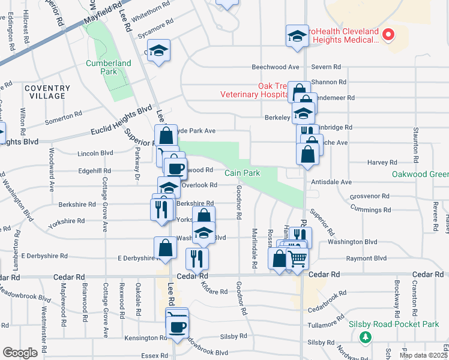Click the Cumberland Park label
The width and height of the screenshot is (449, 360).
click(108, 67)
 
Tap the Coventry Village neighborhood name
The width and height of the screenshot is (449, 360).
click(44, 92)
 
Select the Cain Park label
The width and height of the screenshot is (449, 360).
click(243, 173)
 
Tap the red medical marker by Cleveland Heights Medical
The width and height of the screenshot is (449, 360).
click(388, 35)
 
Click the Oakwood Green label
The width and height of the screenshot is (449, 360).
click(420, 175)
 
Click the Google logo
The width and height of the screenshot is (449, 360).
click(20, 353)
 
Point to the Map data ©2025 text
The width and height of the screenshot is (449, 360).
click(423, 355)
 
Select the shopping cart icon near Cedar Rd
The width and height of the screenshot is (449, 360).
click(298, 259)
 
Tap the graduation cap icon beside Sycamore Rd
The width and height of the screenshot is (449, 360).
click(159, 50)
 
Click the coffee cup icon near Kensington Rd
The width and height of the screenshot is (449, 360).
click(176, 327)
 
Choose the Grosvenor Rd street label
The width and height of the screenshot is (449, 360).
click(370, 196)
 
